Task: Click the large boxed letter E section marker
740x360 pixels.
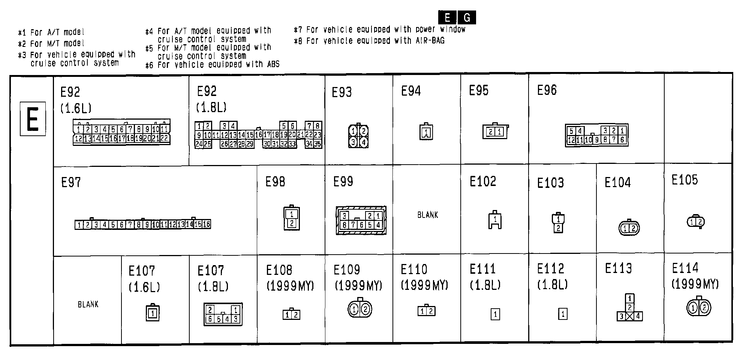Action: pyautogui.click(x=33, y=118)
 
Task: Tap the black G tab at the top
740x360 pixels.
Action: pyautogui.click(x=467, y=18)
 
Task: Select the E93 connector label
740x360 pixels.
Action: pyautogui.click(x=342, y=92)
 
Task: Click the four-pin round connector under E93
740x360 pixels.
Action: pyautogui.click(x=358, y=136)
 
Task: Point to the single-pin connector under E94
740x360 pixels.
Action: pyautogui.click(x=426, y=132)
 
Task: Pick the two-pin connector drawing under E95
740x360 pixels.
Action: pyautogui.click(x=495, y=131)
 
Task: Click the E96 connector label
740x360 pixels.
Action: pyautogui.click(x=547, y=90)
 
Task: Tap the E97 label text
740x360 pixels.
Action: pyautogui.click(x=71, y=183)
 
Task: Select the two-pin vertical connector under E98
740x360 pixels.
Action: pyautogui.click(x=292, y=219)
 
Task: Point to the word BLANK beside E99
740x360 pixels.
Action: pyautogui.click(x=428, y=215)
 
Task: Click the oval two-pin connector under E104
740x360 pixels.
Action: pyautogui.click(x=629, y=228)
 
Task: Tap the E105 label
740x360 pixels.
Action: pyautogui.click(x=685, y=180)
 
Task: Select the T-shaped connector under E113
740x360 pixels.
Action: pyautogui.click(x=630, y=308)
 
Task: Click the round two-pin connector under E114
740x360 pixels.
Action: pyautogui.click(x=699, y=308)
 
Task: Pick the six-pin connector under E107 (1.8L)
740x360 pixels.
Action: pyautogui.click(x=223, y=314)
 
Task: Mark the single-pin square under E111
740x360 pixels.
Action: pyautogui.click(x=495, y=314)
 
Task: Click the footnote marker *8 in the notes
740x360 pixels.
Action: pyautogui.click(x=298, y=41)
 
